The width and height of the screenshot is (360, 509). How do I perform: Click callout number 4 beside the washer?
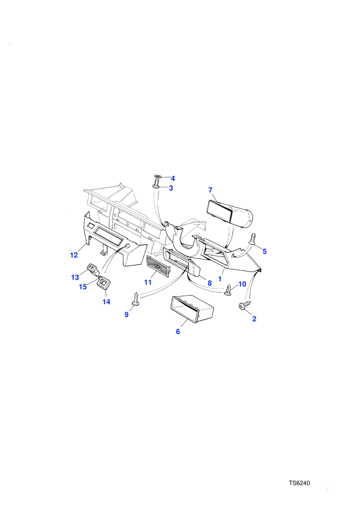173,178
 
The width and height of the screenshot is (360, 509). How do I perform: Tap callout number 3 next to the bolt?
171,188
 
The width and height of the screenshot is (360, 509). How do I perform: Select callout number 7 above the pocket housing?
210,190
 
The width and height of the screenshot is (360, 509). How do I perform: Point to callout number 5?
264,251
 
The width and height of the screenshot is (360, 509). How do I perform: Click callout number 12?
74,255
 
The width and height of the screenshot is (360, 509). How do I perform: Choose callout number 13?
75,277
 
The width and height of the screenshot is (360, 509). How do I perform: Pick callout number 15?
83,287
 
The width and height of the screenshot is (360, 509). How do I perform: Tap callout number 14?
106,302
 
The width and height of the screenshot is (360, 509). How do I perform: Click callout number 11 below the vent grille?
148,282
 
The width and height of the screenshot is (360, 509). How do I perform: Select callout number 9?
127,315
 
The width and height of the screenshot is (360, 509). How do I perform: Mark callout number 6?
178,332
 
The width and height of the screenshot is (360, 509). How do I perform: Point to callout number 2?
254,319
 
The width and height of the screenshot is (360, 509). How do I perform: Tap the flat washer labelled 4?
158,176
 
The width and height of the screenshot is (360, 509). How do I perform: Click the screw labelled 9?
136,299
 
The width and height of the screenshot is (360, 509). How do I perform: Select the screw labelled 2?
245,305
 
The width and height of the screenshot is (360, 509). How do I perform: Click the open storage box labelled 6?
192,310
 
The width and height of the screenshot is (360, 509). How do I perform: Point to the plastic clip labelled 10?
229,290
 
